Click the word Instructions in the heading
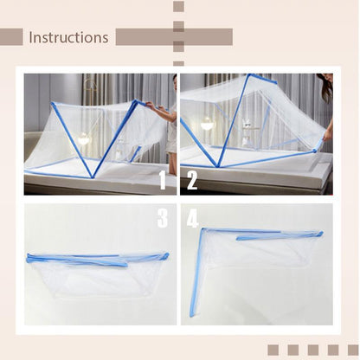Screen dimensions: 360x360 coord(68,37)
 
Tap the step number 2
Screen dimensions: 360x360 coord(191,180)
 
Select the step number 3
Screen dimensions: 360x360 coord(162,218)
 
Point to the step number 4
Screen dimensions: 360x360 coord(191,219)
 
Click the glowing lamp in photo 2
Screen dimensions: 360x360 coord(208,125)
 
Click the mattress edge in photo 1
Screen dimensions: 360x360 coord(87,183)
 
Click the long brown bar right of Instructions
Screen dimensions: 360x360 coord(174,37)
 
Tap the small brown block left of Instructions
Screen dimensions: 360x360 coord(11,37)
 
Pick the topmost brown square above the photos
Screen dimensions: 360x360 coord(178,6)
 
